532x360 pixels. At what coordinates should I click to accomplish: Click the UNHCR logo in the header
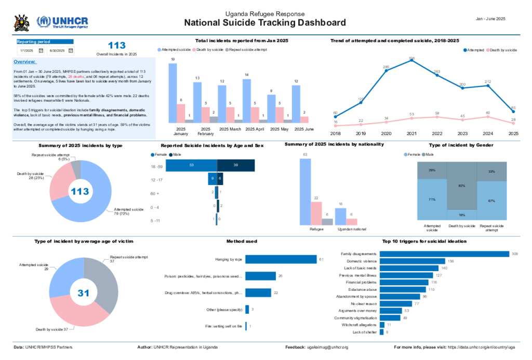(x=62, y=22)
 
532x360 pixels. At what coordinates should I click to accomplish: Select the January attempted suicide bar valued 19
(x=172, y=92)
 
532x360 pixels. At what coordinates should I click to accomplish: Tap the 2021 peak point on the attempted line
(x=411, y=60)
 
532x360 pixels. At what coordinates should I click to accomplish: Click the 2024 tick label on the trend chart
(x=488, y=134)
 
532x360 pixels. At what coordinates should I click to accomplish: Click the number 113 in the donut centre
(x=80, y=192)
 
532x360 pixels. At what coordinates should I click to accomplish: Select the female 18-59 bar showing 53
(x=191, y=165)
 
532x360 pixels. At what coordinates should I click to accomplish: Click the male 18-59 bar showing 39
(x=236, y=165)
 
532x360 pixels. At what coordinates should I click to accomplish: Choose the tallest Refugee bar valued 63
(x=305, y=192)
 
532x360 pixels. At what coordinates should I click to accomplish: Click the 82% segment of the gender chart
(x=462, y=185)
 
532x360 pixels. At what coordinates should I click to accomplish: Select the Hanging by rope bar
(x=281, y=259)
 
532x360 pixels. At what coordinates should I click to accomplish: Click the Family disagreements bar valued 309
(x=444, y=254)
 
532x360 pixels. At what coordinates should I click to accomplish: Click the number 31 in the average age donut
(x=84, y=293)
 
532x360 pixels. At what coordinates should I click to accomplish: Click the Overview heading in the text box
(x=25, y=61)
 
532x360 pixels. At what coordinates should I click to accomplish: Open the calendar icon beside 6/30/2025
(x=71, y=50)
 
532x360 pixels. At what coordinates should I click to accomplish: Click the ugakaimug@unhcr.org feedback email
(x=327, y=346)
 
